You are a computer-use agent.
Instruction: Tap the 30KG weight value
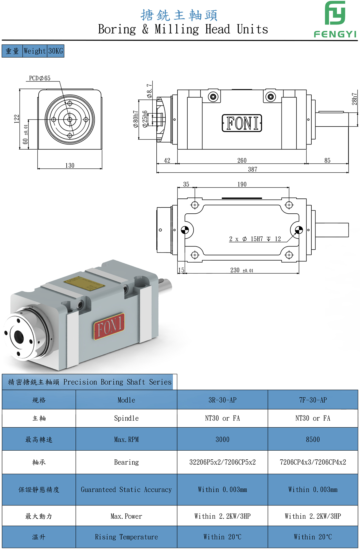coord(56,51)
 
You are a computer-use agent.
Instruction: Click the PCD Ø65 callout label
coord(40,78)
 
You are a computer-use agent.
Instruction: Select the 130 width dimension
coord(70,166)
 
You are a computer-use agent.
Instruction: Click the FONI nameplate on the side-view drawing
coord(242,123)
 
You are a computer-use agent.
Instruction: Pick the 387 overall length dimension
coord(252,169)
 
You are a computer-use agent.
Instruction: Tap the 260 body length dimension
coord(242,161)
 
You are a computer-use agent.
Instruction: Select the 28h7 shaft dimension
coord(355,99)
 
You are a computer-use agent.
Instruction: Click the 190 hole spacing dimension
coord(242,184)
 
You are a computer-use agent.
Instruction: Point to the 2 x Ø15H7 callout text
coord(255,239)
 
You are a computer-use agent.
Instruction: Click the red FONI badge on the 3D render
coord(109,326)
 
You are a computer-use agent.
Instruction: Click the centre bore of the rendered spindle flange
coord(19,337)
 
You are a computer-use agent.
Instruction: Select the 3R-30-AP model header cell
coord(222,400)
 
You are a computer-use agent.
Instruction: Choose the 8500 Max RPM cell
coord(313,439)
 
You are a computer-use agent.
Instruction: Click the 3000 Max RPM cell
coord(222,439)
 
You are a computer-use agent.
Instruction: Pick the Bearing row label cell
coord(126,462)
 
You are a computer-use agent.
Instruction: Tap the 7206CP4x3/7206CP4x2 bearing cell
coord(313,462)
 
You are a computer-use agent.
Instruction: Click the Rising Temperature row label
coord(126,537)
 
